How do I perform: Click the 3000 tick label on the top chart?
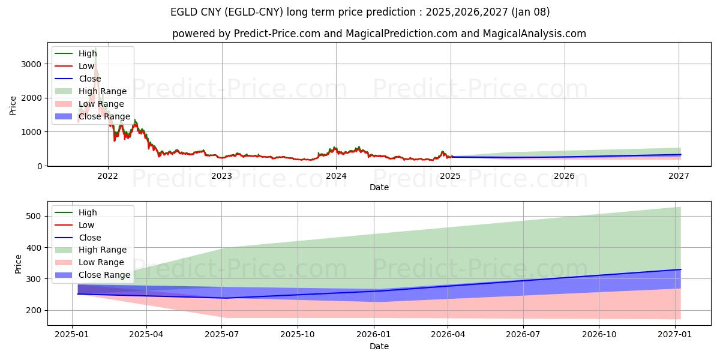click(33, 64)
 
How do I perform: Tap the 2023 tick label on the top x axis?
click(222, 176)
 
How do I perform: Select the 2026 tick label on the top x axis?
click(564, 176)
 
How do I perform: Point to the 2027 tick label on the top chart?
click(678, 176)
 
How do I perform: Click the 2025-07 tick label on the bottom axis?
click(222, 335)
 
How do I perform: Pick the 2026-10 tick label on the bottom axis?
click(599, 335)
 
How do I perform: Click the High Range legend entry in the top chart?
click(102, 91)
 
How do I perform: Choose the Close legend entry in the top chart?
click(89, 79)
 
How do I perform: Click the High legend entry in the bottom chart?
click(88, 212)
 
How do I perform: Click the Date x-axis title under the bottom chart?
click(379, 346)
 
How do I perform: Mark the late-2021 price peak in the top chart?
click(95, 48)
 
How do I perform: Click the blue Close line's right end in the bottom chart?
click(680, 269)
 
